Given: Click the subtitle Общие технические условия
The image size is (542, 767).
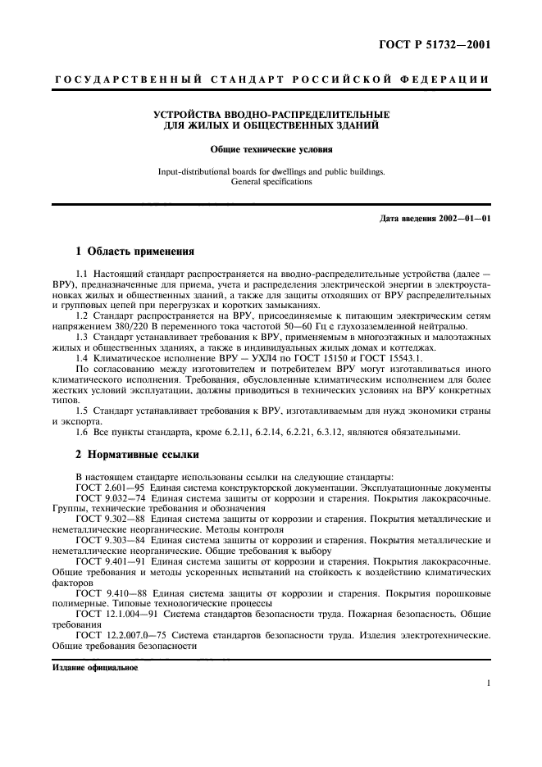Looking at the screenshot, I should click(x=271, y=151).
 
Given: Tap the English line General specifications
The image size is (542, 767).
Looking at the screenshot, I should click(x=271, y=182).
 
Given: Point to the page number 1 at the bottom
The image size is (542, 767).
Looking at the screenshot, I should click(x=488, y=682).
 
